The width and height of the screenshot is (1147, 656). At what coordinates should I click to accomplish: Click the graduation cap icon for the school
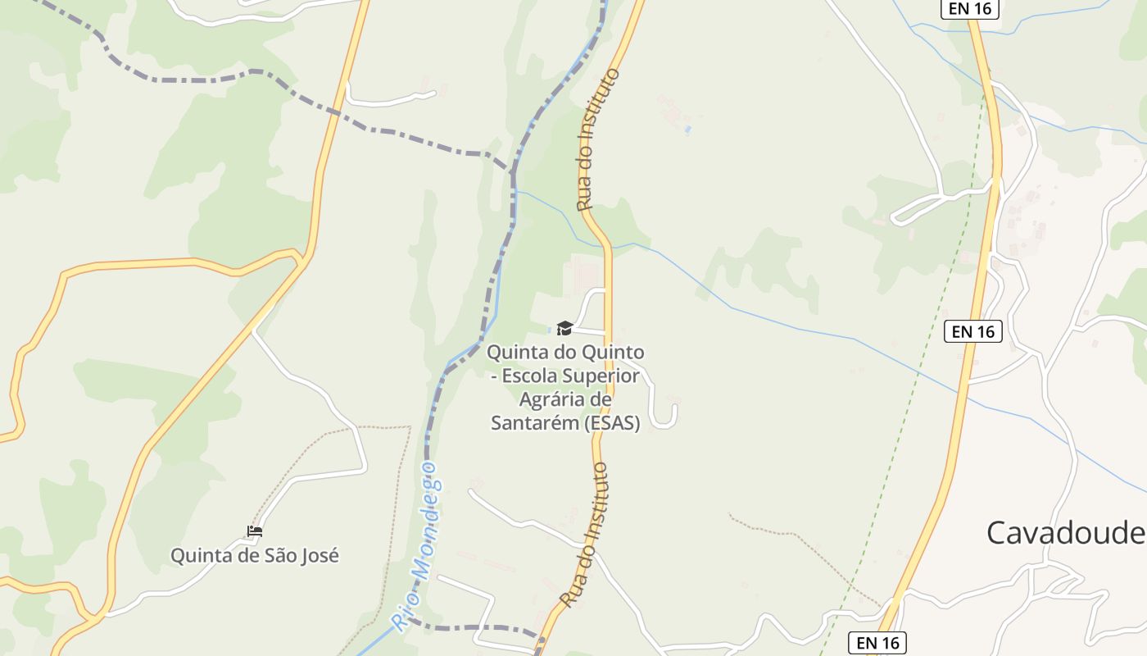click(564, 329)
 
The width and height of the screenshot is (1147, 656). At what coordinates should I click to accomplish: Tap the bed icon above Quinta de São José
click(255, 531)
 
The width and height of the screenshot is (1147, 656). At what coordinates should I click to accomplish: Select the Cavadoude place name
click(1065, 533)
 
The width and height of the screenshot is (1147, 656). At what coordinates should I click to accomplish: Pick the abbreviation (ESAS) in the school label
click(613, 423)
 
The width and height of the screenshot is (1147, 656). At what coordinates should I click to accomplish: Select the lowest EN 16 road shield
click(877, 643)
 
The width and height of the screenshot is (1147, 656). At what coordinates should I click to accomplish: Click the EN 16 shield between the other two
click(973, 331)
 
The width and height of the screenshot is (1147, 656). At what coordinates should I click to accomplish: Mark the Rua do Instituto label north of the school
click(598, 139)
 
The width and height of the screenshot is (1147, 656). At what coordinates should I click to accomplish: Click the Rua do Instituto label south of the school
click(587, 535)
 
